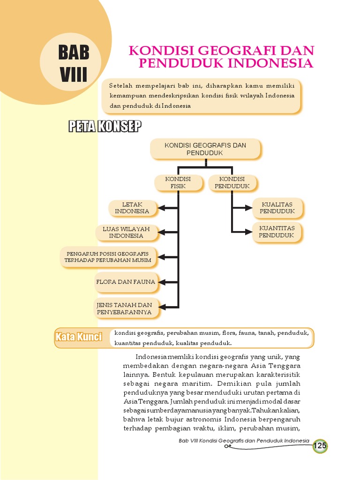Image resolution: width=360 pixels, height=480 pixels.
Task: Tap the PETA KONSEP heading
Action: (x=105, y=126)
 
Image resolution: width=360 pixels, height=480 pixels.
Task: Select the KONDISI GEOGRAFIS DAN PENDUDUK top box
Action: (x=205, y=149)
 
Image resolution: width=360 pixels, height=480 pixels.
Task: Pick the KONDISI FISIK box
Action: (x=178, y=183)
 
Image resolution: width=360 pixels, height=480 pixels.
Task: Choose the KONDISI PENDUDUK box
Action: (x=232, y=183)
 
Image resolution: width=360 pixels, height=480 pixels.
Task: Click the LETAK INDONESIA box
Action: (x=132, y=208)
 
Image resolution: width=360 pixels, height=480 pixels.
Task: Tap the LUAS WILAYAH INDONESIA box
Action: (x=126, y=232)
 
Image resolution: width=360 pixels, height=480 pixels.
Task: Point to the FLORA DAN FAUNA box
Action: (x=125, y=282)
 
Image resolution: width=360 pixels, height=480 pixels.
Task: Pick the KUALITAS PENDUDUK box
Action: (x=277, y=208)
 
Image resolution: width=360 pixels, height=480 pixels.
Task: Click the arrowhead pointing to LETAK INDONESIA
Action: (x=162, y=208)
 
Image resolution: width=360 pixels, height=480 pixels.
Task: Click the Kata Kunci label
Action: (x=79, y=337)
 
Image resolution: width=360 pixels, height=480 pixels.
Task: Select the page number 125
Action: (x=320, y=446)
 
